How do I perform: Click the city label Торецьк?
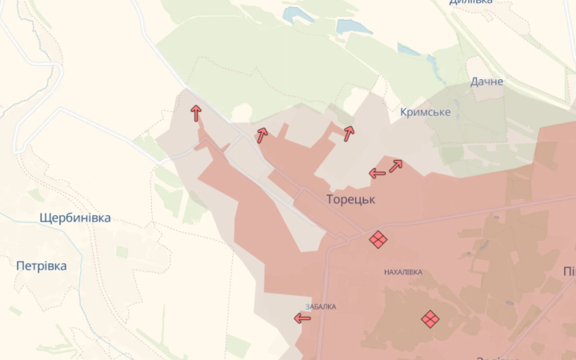(x=350, y=199)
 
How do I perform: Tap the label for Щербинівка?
(x=75, y=218)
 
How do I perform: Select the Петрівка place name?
(x=42, y=266)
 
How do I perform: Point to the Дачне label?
(x=487, y=82)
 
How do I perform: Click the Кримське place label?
(x=425, y=112)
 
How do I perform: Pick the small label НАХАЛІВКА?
(x=403, y=273)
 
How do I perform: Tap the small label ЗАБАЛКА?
(x=321, y=306)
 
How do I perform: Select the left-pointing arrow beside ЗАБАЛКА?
(x=302, y=318)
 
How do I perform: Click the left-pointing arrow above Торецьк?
(x=378, y=173)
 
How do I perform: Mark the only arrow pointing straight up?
(x=196, y=113)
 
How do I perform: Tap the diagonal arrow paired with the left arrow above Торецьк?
(x=395, y=166)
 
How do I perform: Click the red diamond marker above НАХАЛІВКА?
(x=378, y=239)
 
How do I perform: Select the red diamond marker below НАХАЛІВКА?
(x=430, y=319)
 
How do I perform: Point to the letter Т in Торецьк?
(x=330, y=199)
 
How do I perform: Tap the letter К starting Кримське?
(x=404, y=112)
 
